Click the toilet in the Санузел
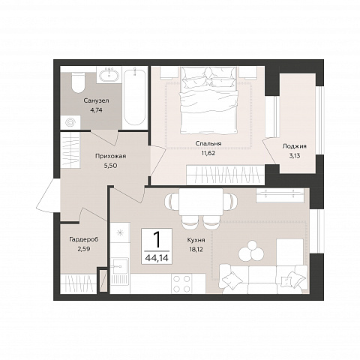click(78, 82)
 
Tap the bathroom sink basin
click(109, 75)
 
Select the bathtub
click(135, 97)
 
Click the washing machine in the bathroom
click(70, 122)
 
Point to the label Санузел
click(96, 100)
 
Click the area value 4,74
click(96, 110)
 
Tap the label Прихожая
click(110, 156)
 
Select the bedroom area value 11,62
click(208, 153)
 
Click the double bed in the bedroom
click(208, 100)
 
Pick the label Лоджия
click(294, 146)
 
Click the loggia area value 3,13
click(294, 156)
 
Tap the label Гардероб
click(84, 239)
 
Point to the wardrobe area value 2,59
click(84, 249)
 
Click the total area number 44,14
click(157, 257)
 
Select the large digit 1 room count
click(157, 239)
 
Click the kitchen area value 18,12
click(196, 249)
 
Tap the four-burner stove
click(181, 283)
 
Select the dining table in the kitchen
click(201, 202)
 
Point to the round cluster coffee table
click(251, 250)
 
